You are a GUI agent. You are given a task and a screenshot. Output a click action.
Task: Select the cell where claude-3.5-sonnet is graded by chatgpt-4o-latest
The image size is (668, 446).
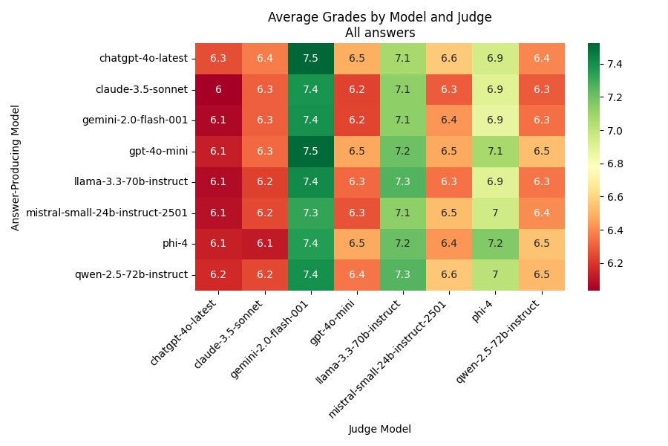(x=218, y=88)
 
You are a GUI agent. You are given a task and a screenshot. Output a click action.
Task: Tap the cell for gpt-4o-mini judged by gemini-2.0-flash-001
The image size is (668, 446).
(x=311, y=151)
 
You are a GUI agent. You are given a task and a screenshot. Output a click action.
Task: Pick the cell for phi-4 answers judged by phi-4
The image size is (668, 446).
(x=495, y=244)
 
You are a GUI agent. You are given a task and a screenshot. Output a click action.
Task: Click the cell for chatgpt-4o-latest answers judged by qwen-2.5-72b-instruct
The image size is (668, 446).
(x=541, y=58)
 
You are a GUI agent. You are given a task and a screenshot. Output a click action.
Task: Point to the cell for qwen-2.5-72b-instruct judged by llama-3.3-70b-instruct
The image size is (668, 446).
(x=403, y=275)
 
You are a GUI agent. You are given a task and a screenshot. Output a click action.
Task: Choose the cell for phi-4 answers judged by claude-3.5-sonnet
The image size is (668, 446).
(x=265, y=244)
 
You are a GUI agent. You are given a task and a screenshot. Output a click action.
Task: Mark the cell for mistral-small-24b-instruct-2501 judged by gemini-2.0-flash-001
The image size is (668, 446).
(x=311, y=213)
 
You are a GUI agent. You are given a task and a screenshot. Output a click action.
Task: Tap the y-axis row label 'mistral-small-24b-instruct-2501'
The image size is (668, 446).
(x=108, y=213)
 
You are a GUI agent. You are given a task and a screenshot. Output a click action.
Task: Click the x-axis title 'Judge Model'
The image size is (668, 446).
(x=379, y=429)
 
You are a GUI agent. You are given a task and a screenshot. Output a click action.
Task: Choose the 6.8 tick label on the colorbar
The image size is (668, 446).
(x=615, y=164)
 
